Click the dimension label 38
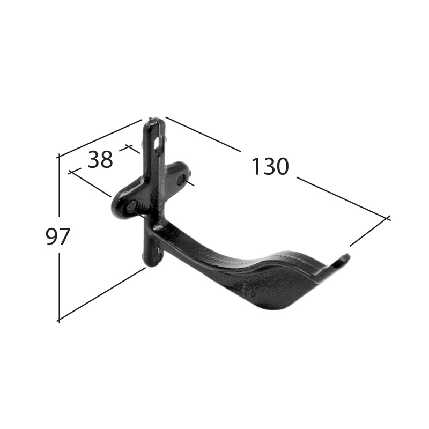[100, 159]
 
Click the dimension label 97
[57, 236]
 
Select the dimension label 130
[270, 166]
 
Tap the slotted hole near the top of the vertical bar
[158, 143]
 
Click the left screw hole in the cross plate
[131, 205]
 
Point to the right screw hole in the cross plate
[181, 179]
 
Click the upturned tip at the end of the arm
[345, 258]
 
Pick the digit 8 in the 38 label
[106, 159]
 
